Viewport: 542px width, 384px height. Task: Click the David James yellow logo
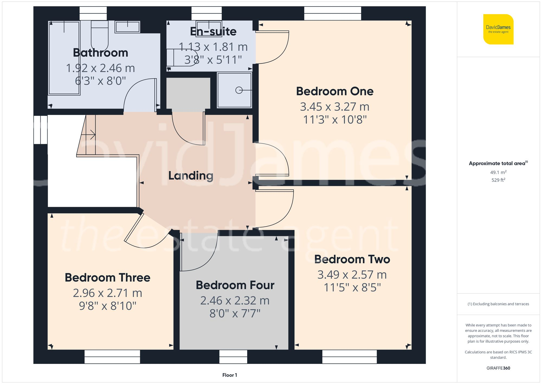[498, 29]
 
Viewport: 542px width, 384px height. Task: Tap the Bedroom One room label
[335, 91]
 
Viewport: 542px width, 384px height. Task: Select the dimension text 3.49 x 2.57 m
[352, 275]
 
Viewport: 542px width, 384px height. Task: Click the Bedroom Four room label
[235, 285]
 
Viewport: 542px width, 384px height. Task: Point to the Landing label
[191, 176]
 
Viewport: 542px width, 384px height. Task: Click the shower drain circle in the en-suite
[239, 90]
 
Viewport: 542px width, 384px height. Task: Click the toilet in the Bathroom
[99, 35]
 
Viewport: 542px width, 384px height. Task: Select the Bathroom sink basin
[127, 27]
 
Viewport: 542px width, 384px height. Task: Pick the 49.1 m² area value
[498, 172]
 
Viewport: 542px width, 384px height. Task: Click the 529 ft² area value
[498, 180]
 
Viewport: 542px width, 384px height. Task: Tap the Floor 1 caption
[230, 375]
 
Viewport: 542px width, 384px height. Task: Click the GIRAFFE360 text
[498, 368]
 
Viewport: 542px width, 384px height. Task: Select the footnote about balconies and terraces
[498, 304]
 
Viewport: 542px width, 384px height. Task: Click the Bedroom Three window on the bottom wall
[112, 357]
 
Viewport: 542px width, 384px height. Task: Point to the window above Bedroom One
[333, 13]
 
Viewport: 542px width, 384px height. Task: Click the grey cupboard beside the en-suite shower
[188, 93]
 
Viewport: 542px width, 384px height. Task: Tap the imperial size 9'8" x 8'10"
[107, 306]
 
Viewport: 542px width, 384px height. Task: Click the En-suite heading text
[213, 31]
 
